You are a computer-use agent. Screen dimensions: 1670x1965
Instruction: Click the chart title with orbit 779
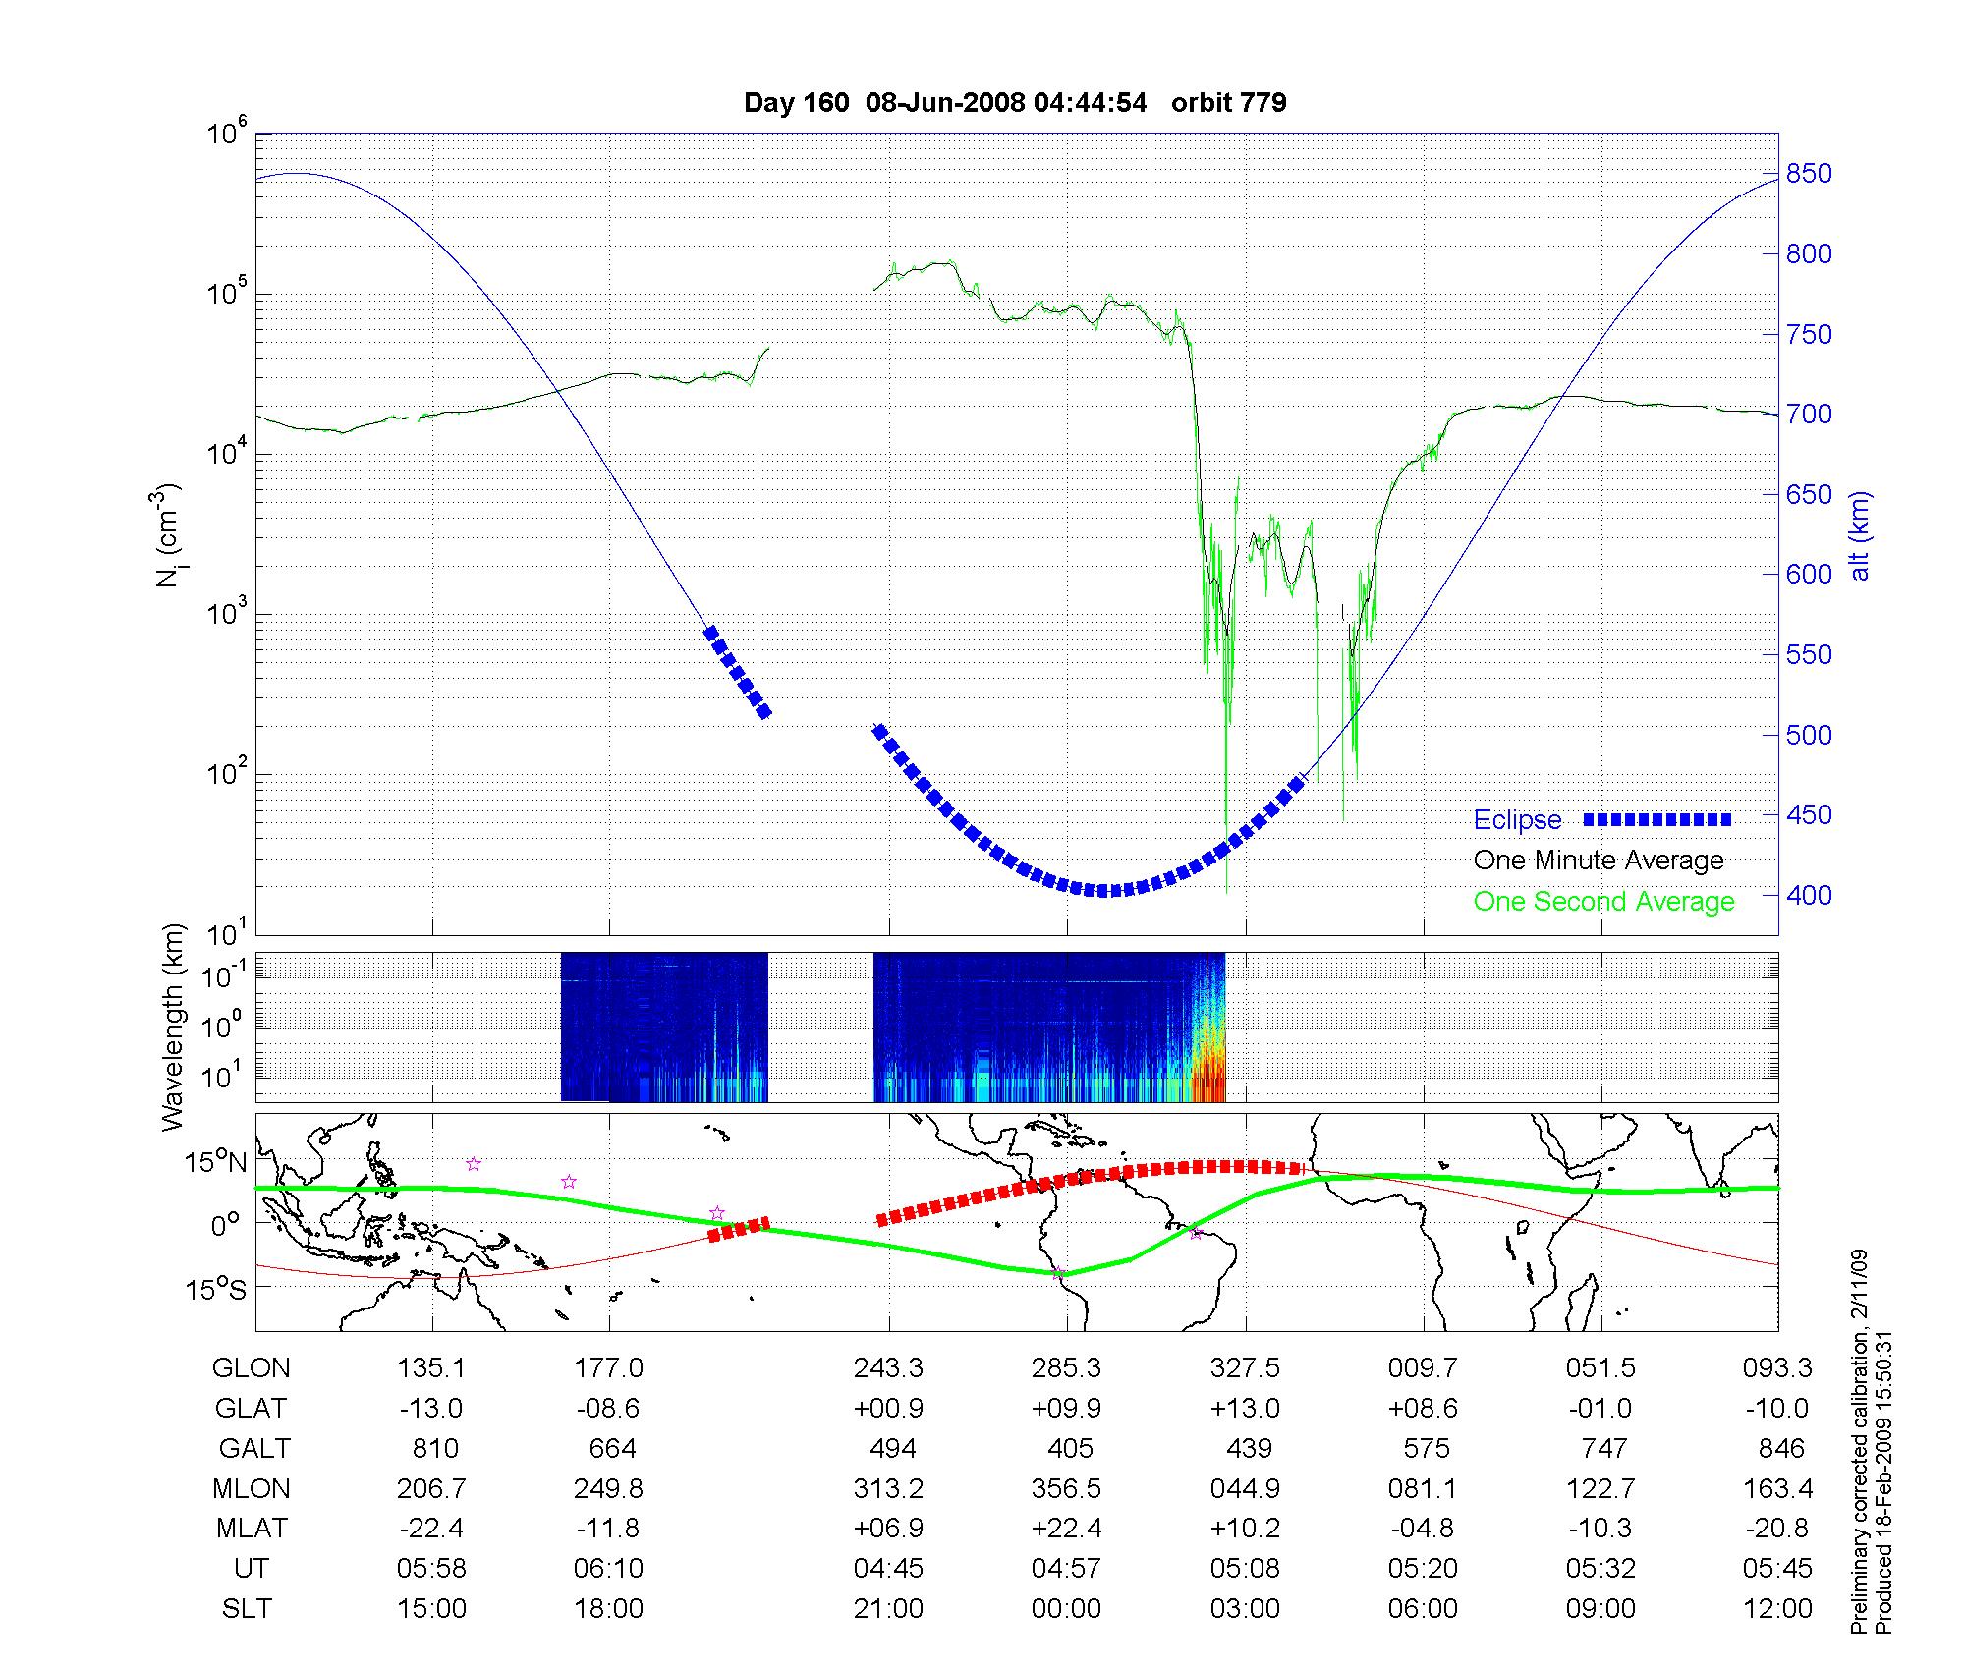pyautogui.click(x=1015, y=103)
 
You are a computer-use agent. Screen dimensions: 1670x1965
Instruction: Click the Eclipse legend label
pyautogui.click(x=1517, y=820)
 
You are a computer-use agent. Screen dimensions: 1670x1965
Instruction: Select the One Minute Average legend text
pyautogui.click(x=1599, y=861)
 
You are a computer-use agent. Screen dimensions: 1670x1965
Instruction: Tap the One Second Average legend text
pyautogui.click(x=1603, y=902)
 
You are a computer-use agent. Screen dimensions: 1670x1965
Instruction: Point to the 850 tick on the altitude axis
pyautogui.click(x=1809, y=174)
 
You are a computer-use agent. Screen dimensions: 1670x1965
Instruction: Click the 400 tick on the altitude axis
pyautogui.click(x=1809, y=895)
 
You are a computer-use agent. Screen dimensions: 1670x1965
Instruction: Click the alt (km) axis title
pyautogui.click(x=1859, y=535)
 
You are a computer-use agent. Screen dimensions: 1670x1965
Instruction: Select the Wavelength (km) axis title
pyautogui.click(x=173, y=1027)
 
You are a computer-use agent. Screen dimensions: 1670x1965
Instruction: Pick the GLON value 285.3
pyautogui.click(x=1066, y=1367)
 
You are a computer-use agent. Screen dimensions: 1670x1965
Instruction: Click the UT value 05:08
pyautogui.click(x=1245, y=1568)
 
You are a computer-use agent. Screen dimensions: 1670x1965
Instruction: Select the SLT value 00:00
pyautogui.click(x=1066, y=1608)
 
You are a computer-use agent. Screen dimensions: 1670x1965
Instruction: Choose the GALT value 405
pyautogui.click(x=1070, y=1448)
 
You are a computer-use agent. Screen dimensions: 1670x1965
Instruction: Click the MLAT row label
pyautogui.click(x=252, y=1529)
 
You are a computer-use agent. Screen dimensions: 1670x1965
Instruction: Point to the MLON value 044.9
pyautogui.click(x=1245, y=1488)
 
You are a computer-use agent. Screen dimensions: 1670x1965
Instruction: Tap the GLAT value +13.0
pyautogui.click(x=1245, y=1408)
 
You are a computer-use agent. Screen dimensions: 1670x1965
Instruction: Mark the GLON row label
pyautogui.click(x=251, y=1367)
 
